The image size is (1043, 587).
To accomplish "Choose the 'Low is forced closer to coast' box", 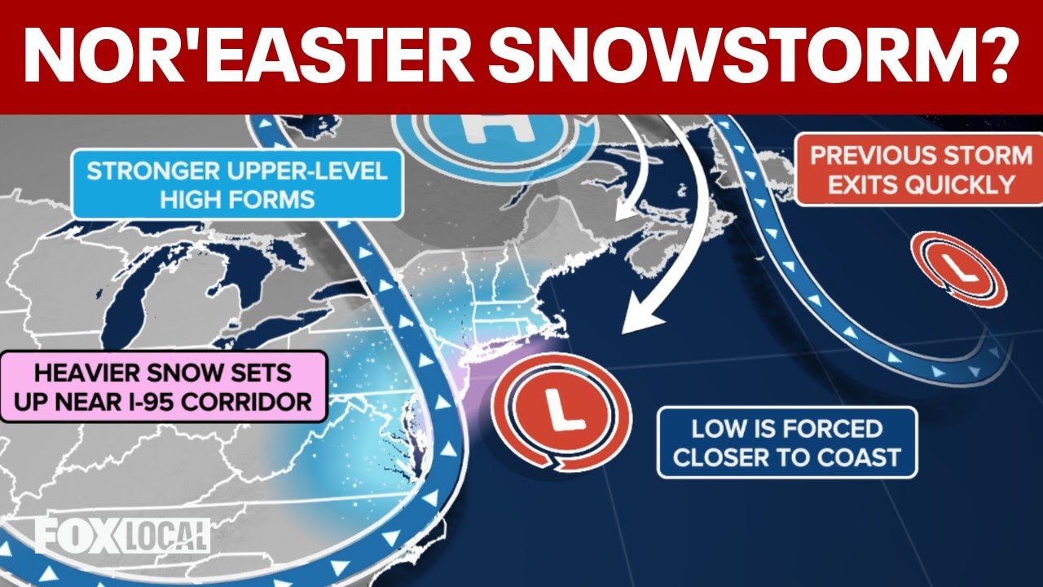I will (786, 442).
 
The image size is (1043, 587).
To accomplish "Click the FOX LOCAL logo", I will (122, 535).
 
